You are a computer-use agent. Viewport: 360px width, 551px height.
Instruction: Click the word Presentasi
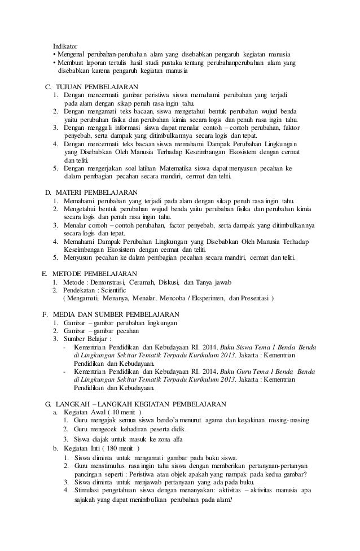(x=251, y=298)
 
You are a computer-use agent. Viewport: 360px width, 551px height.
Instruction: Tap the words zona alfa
(x=172, y=439)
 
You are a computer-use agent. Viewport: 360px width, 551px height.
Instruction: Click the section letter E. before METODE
(x=45, y=274)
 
